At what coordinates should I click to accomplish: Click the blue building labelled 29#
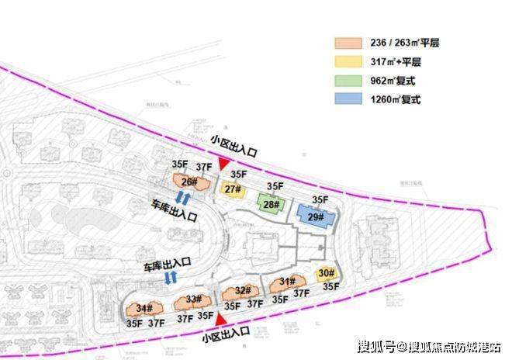[316, 218]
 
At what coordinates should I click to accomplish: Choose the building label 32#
[242, 291]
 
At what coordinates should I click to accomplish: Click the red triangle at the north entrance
[223, 164]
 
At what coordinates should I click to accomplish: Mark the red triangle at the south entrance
[221, 319]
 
